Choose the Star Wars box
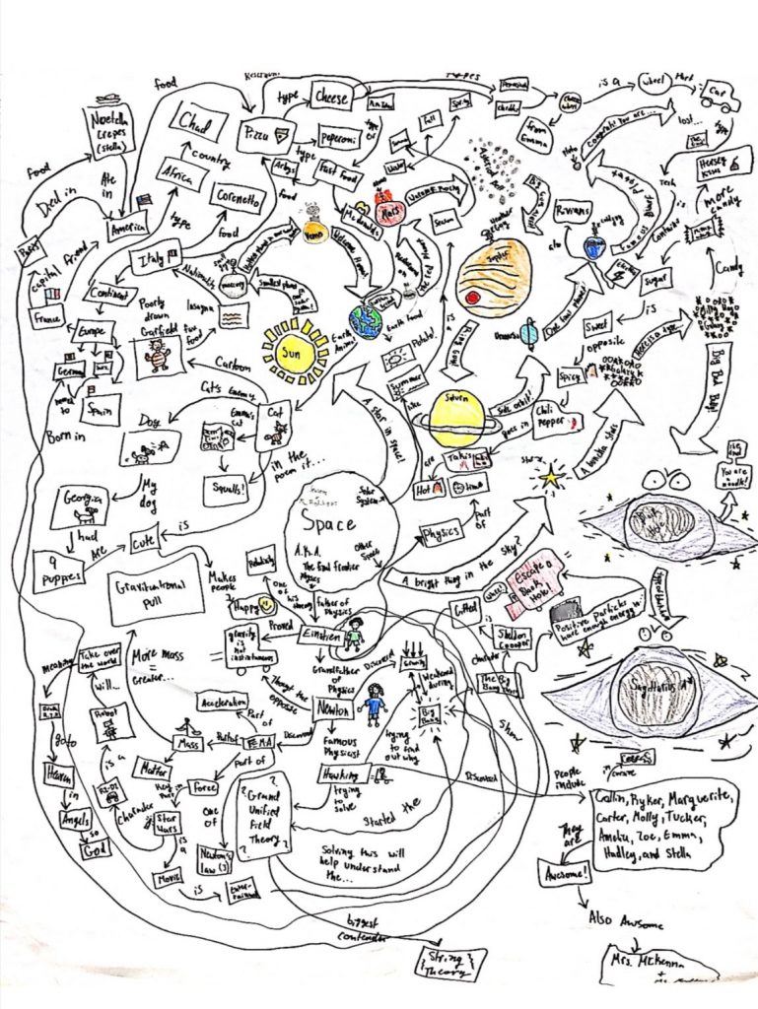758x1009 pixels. [x=162, y=822]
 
